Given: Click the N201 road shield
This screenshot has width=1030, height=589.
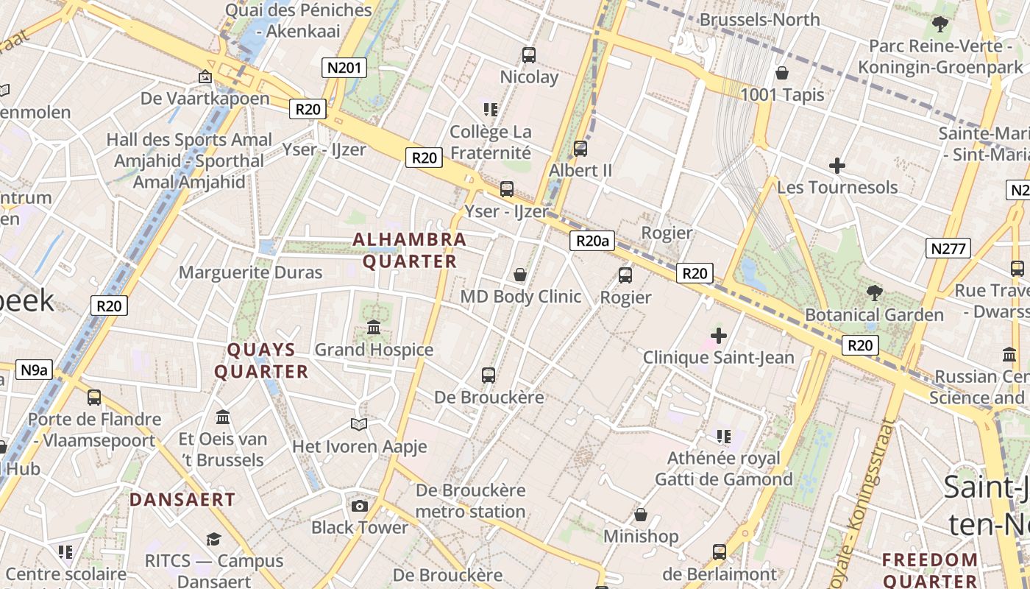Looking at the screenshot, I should [344, 68].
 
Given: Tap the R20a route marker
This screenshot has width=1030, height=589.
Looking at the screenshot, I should [592, 241].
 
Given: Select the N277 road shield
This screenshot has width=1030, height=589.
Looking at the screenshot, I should [948, 248].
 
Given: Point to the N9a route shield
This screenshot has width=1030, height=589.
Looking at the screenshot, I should [34, 370].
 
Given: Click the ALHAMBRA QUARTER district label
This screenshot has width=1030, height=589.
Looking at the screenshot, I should [410, 250].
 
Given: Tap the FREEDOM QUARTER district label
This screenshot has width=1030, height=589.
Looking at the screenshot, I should [930, 571].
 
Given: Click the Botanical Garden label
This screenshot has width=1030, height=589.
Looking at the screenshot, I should [874, 315].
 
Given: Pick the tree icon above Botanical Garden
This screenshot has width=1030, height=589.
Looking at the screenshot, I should [874, 293].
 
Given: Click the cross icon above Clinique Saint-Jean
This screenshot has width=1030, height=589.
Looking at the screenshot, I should [719, 336].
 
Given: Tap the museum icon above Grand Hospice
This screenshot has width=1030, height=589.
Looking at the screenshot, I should [374, 327].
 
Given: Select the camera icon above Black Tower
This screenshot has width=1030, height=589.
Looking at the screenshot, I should [360, 506].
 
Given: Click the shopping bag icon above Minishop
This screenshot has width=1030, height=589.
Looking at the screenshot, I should [641, 515].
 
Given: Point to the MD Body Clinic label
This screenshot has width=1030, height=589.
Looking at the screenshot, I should [521, 297].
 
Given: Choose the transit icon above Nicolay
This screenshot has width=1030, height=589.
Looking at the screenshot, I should [529, 54].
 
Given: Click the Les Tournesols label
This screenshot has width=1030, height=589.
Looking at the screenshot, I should [837, 187].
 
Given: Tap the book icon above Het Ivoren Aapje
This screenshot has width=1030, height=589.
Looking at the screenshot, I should [359, 424].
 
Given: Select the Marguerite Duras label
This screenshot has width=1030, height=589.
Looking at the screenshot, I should [251, 272].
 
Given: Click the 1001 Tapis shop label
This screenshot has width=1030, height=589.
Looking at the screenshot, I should [782, 95].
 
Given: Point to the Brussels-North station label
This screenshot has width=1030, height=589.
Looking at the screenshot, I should [759, 19].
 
